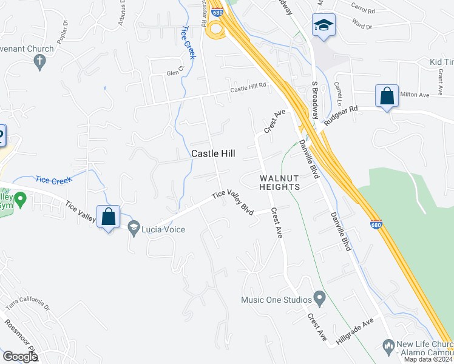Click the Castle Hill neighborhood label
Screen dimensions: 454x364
click(x=213, y=154)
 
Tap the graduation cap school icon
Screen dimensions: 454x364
click(x=324, y=26)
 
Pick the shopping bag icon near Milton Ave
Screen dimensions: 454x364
click(x=387, y=96)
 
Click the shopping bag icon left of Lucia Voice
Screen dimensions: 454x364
click(x=108, y=217)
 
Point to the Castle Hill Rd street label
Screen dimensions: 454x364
click(x=248, y=89)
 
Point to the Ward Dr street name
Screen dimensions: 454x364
click(x=362, y=26)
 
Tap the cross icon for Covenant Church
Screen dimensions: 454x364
click(x=40, y=61)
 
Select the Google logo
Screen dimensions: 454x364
click(x=20, y=357)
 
